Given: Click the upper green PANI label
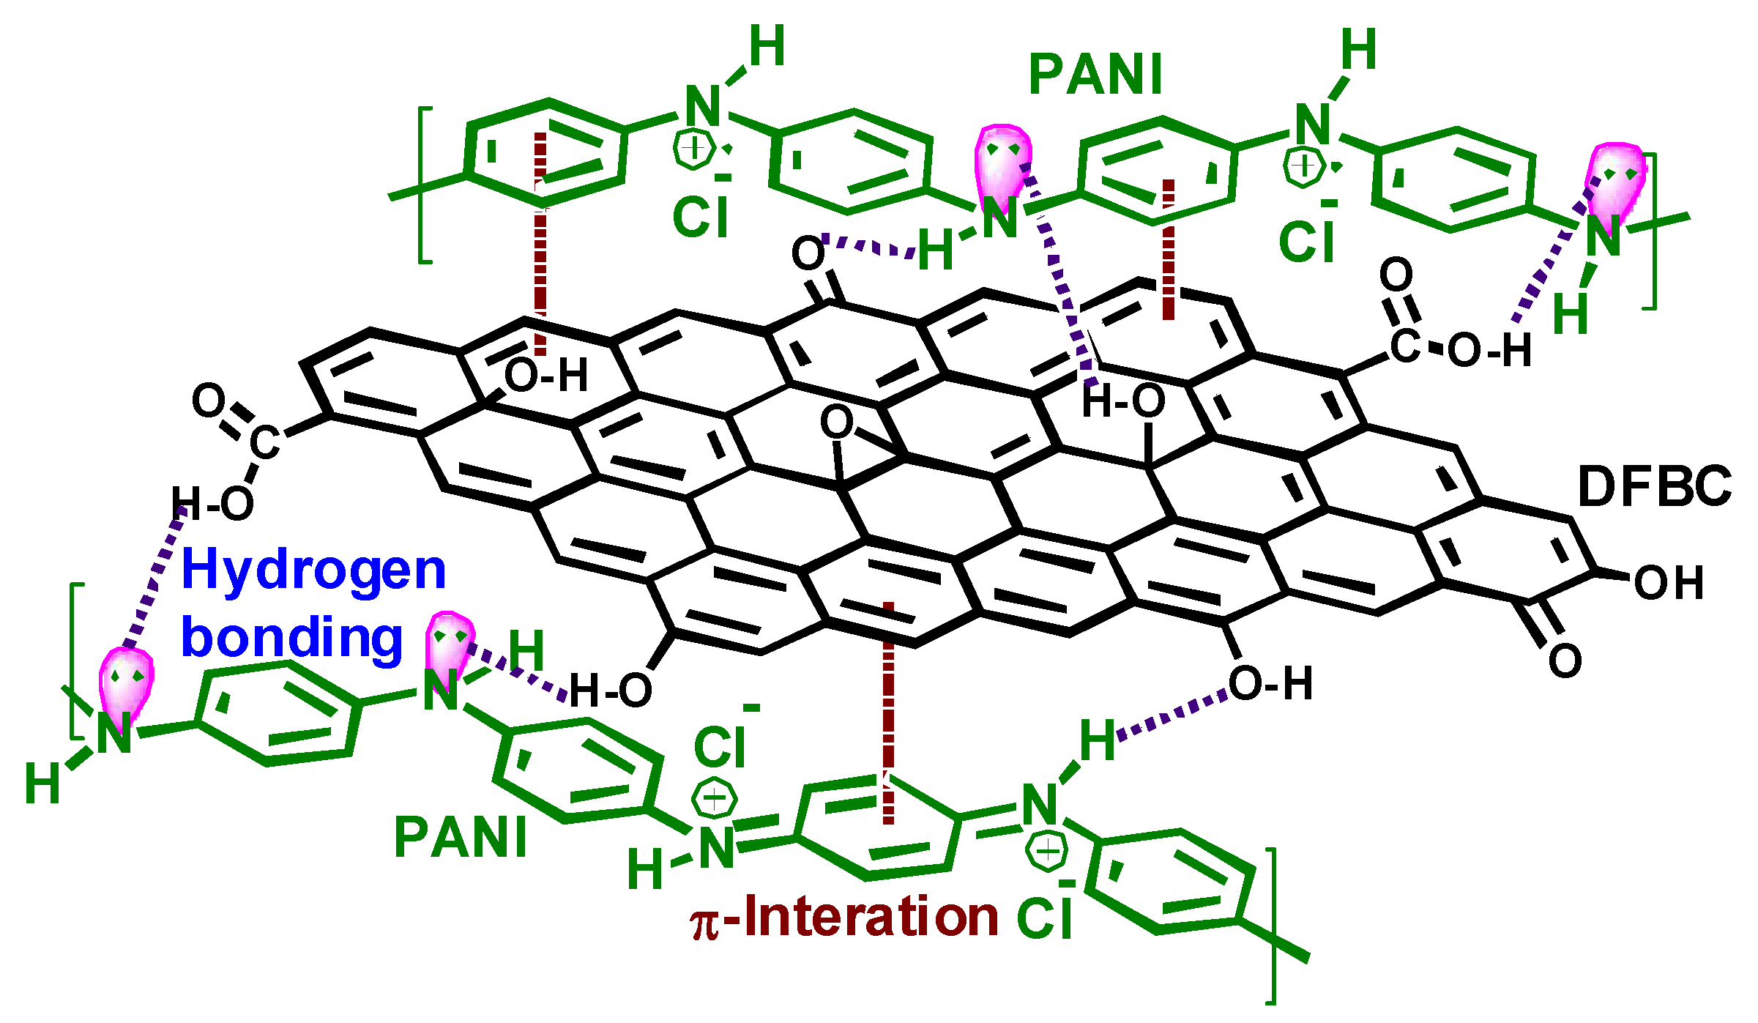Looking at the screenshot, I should (1095, 75).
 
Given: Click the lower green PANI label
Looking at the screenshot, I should (461, 838).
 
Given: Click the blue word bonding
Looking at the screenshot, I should (291, 637).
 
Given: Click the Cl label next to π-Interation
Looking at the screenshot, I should (1045, 915).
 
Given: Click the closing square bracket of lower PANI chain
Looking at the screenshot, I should (1273, 926).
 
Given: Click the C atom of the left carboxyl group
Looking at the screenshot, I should (264, 442).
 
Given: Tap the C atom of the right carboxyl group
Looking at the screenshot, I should (1404, 346).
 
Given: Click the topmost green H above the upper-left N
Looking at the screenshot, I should (767, 45).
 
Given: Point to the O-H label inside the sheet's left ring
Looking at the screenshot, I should (546, 376).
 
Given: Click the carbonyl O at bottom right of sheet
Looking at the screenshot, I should (1564, 661).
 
